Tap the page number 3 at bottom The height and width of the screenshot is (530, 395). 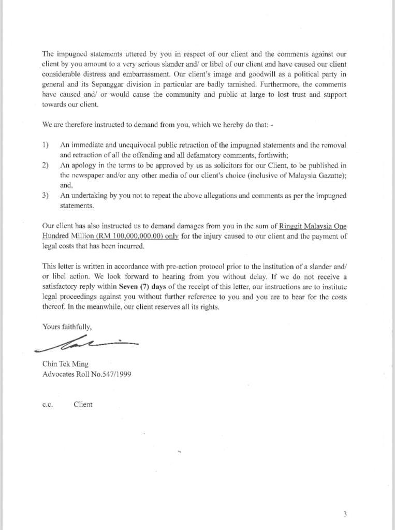(345, 514)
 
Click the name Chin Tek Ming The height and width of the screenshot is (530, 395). (62, 364)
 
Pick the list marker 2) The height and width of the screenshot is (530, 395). (46, 165)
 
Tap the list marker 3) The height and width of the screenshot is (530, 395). (46, 196)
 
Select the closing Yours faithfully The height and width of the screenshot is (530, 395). (67, 327)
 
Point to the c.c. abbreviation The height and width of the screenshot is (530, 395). (48, 405)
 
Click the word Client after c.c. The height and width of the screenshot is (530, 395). (83, 404)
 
